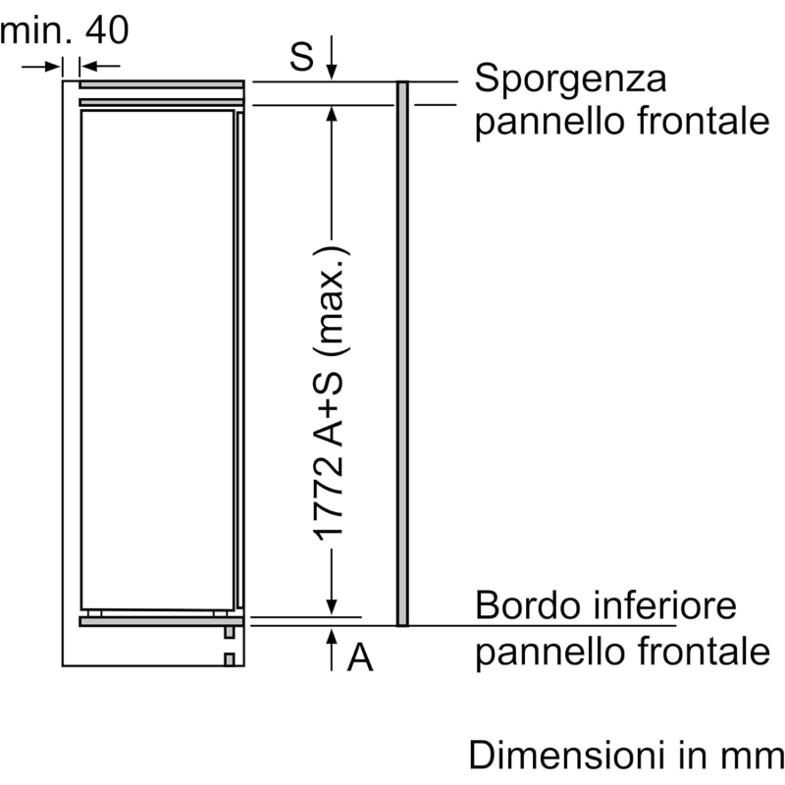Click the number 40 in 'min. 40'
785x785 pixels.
107,29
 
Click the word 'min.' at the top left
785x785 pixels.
35,30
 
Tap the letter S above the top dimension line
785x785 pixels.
301,56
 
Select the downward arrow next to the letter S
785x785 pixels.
332,58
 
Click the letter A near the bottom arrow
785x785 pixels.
360,657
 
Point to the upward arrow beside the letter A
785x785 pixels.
332,650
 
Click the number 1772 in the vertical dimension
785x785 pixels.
329,498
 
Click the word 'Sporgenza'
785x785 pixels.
570,79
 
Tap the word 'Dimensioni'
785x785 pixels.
568,755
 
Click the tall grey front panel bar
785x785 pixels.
402,353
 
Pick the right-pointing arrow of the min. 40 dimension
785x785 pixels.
41,66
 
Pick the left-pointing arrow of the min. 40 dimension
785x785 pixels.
100,66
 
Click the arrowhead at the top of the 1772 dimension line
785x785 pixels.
332,113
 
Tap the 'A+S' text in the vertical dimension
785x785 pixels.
329,409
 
